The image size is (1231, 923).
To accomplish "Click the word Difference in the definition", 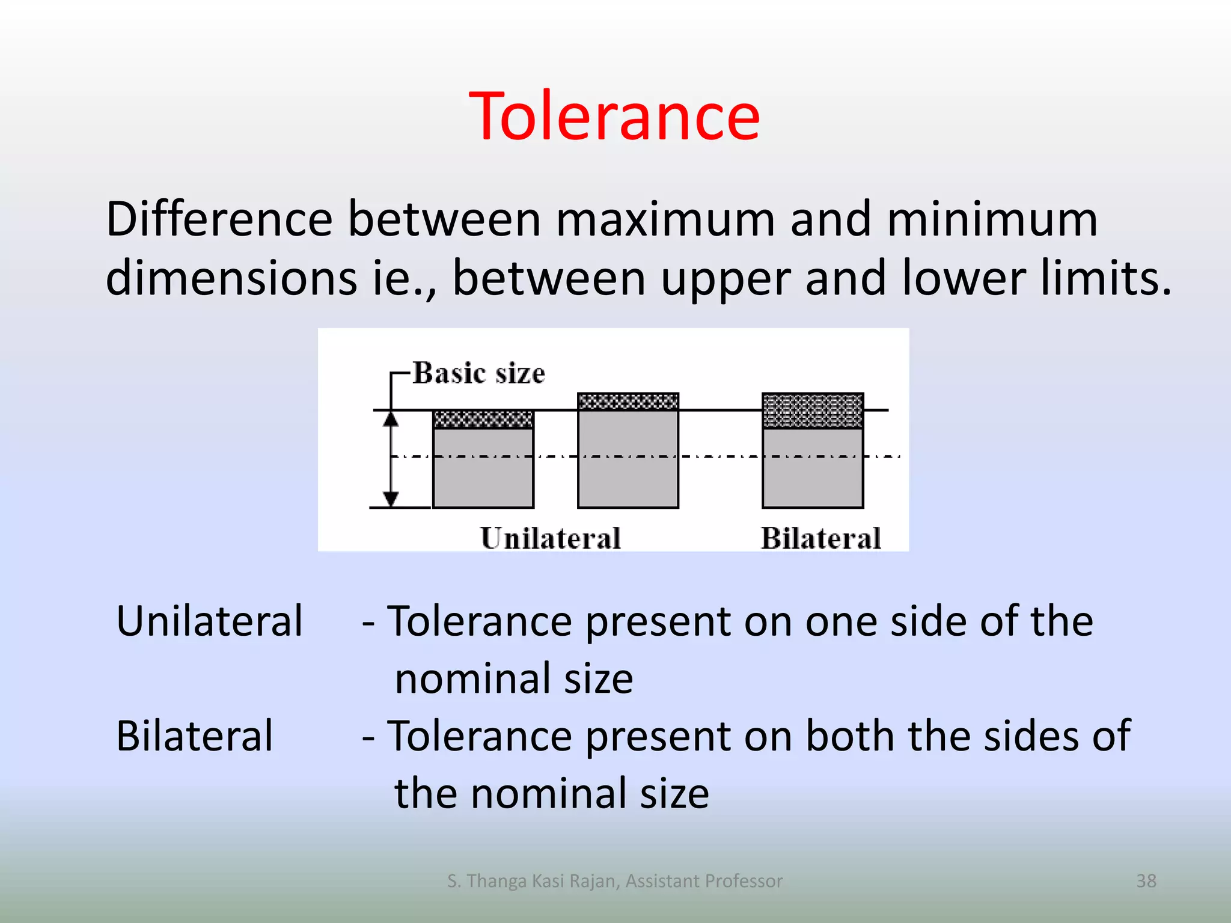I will point(219,220).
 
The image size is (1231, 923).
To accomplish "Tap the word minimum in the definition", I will point(992,220).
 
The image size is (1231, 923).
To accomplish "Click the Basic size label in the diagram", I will point(479,373).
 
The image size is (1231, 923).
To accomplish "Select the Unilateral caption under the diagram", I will point(550,538).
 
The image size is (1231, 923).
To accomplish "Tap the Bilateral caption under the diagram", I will point(820,538).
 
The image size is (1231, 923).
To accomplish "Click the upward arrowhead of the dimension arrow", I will point(391,419).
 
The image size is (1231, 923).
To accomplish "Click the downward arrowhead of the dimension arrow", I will point(391,498).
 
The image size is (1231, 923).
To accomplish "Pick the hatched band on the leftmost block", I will point(483,419).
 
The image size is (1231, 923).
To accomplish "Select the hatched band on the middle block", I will point(628,401).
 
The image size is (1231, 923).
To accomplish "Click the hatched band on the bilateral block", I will point(813,410).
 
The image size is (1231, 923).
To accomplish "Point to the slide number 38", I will point(1146,881).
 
